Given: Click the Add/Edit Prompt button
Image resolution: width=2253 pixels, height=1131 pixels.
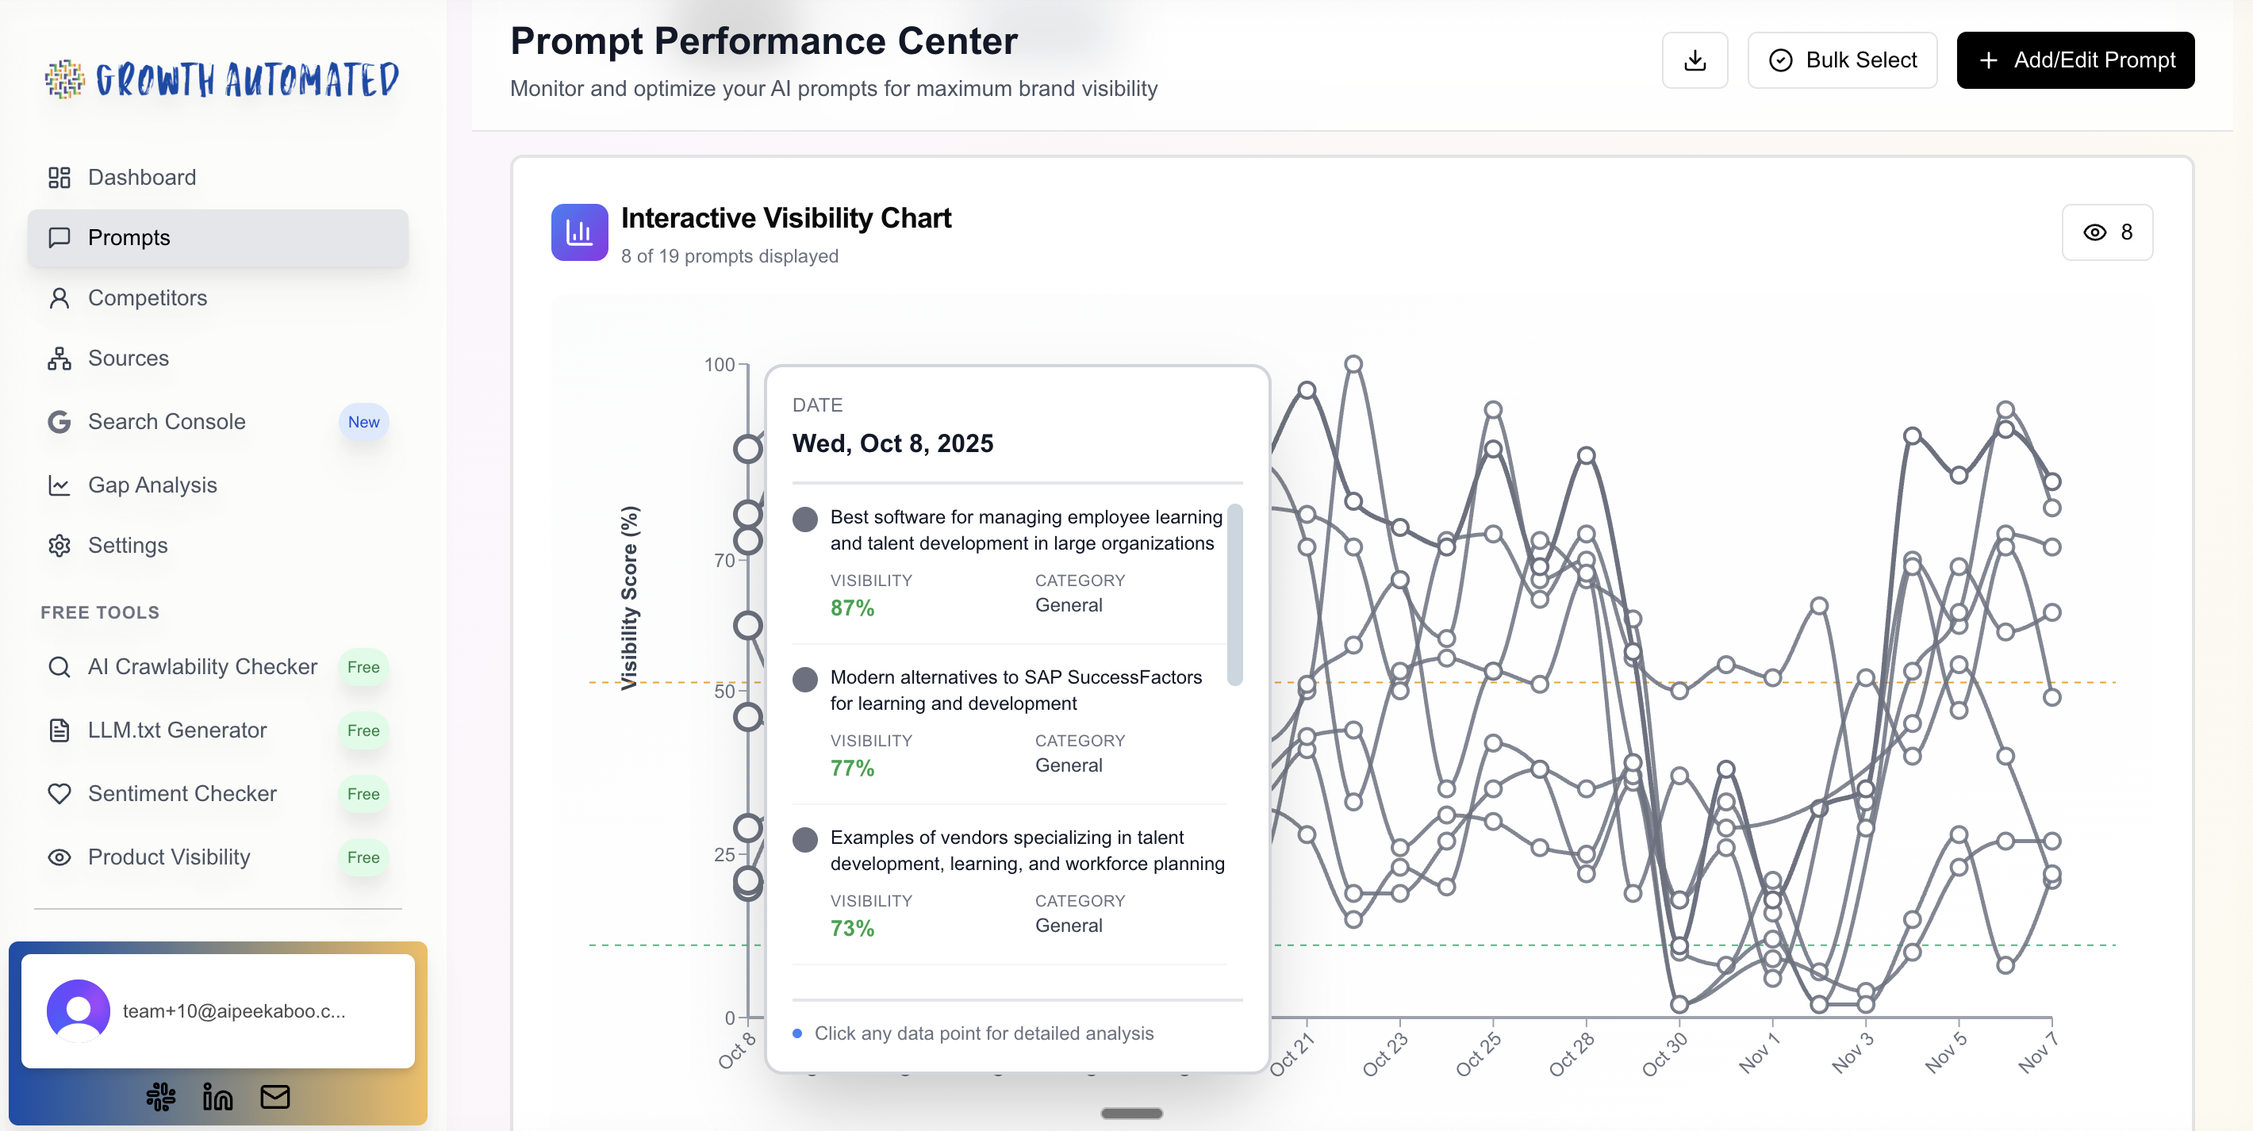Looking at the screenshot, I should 2075,60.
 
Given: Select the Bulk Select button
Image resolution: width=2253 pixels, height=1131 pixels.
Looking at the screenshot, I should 1842,60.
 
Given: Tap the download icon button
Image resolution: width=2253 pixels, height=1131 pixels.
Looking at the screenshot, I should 1695,60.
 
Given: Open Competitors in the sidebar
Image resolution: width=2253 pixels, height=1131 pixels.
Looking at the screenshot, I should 147,298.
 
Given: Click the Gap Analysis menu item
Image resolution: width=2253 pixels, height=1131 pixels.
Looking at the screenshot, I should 152,485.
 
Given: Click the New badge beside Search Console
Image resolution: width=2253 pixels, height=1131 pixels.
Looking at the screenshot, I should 363,423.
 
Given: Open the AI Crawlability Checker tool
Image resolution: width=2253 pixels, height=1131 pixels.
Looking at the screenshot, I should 202,667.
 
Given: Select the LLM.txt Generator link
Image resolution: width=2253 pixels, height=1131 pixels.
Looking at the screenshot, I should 177,730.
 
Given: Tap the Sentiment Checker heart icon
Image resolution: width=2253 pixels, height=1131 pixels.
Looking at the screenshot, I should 59,794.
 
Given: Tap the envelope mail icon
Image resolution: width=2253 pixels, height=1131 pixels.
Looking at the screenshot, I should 274,1097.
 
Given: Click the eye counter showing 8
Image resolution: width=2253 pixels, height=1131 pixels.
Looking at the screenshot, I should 2107,232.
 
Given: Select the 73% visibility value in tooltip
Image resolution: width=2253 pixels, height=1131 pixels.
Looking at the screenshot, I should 852,929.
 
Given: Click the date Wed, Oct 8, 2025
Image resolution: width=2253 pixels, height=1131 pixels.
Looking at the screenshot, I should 892,444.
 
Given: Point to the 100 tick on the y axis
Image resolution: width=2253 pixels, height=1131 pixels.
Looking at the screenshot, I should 719,365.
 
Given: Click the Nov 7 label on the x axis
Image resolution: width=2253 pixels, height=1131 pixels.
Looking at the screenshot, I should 2037,1053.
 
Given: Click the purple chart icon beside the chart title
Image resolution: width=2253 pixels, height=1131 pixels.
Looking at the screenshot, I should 579,232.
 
